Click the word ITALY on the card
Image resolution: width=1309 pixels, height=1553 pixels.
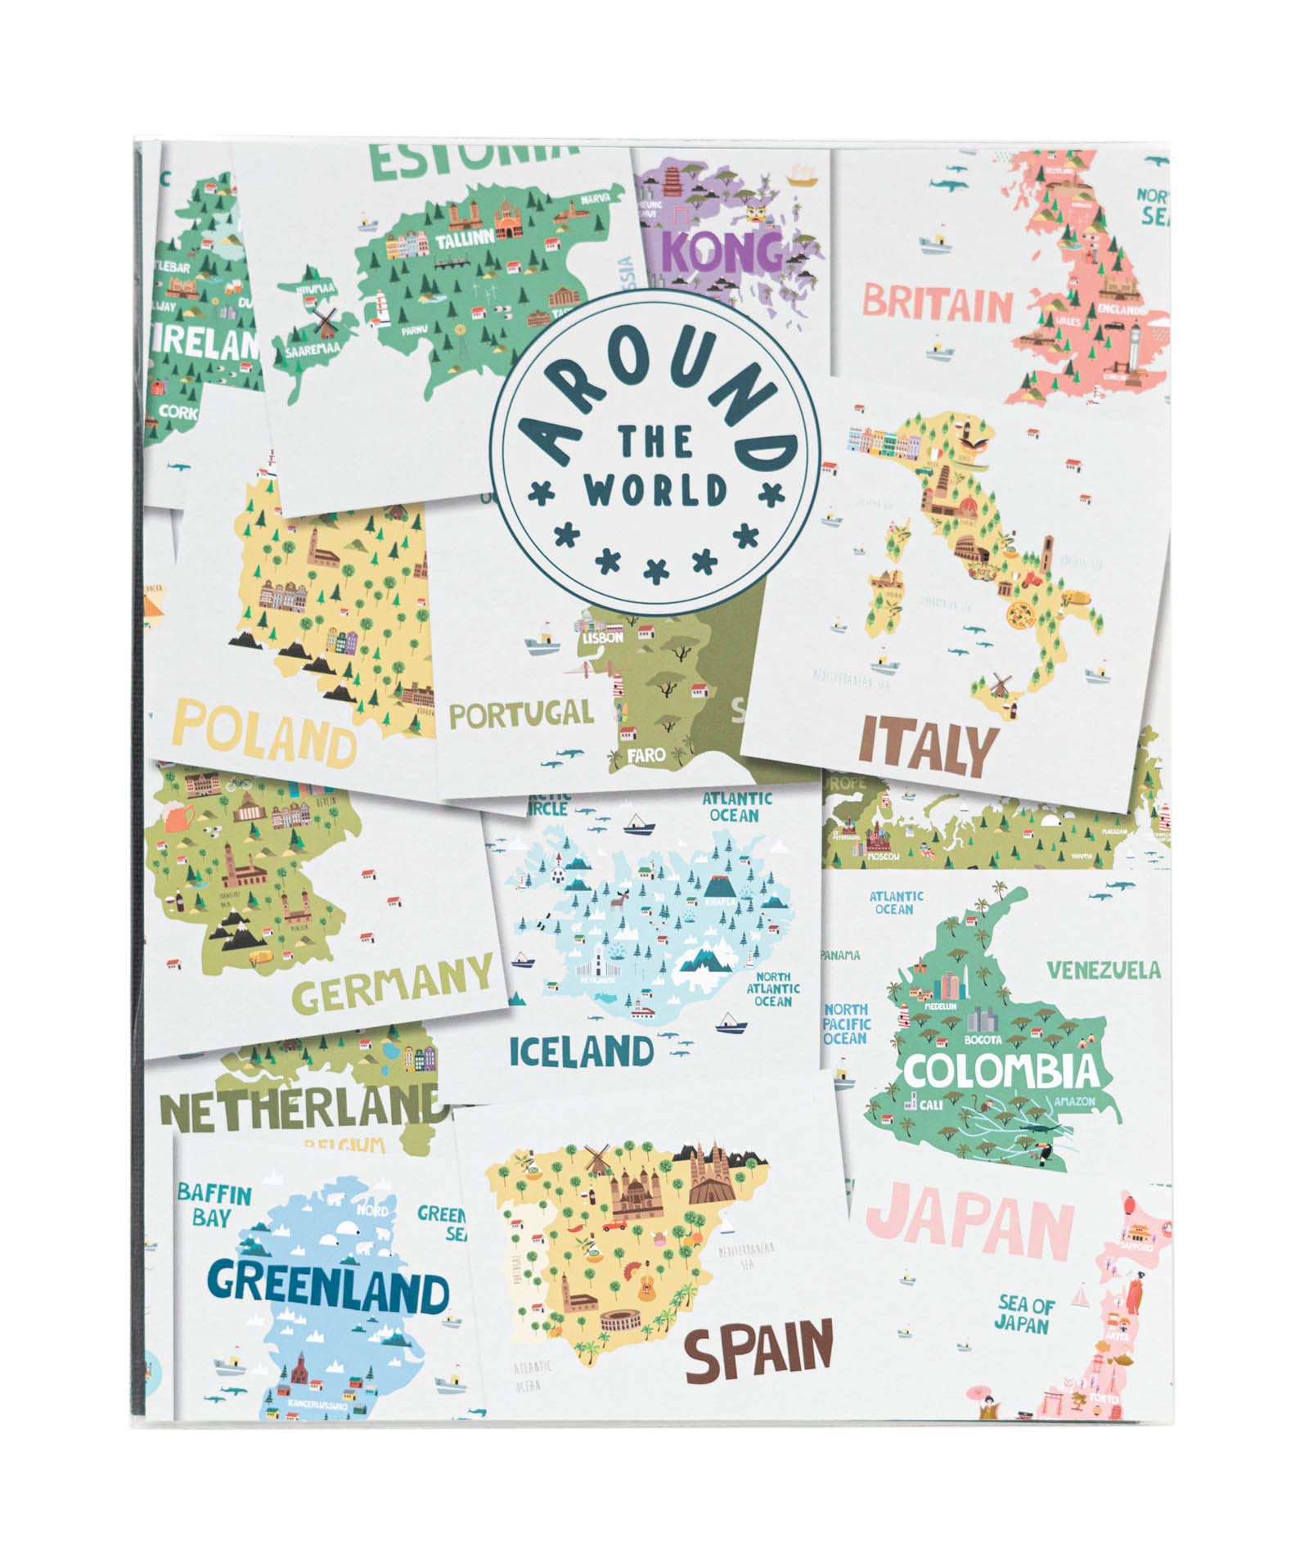[x=928, y=749]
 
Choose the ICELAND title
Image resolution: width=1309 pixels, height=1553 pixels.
[x=582, y=1051]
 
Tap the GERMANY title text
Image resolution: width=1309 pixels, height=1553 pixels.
[x=393, y=983]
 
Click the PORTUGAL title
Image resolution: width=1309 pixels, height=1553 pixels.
[x=521, y=714]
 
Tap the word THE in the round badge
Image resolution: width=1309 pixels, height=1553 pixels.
[x=655, y=443]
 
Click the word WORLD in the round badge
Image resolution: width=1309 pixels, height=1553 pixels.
[x=655, y=491]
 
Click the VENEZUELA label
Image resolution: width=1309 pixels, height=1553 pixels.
[x=1104, y=970]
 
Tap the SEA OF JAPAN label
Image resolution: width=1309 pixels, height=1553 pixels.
[x=1026, y=1314]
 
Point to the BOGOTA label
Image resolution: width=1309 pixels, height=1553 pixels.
[x=983, y=1040]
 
